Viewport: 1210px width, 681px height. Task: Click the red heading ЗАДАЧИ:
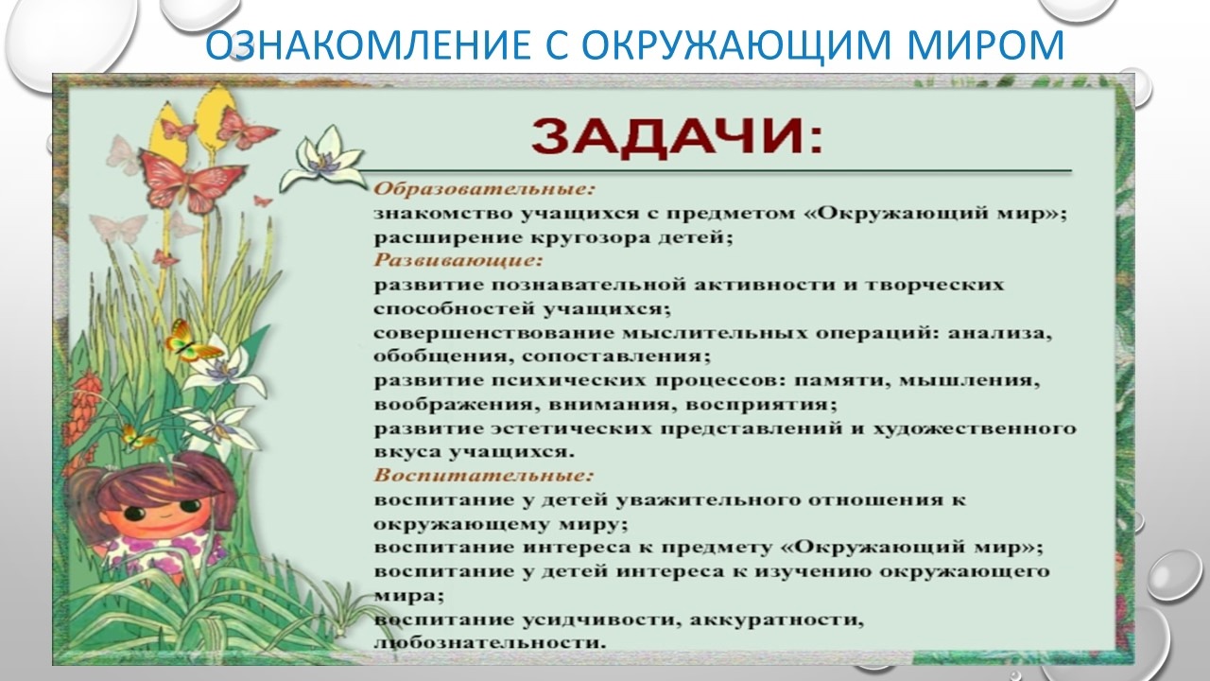coord(677,137)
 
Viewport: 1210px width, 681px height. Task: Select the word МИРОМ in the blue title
coord(985,44)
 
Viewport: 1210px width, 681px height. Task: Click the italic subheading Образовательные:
coord(484,189)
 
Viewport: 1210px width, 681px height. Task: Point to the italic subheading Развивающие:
coord(458,260)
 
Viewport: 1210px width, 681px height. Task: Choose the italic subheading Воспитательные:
coord(483,476)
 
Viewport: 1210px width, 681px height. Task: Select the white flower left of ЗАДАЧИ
coord(322,158)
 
